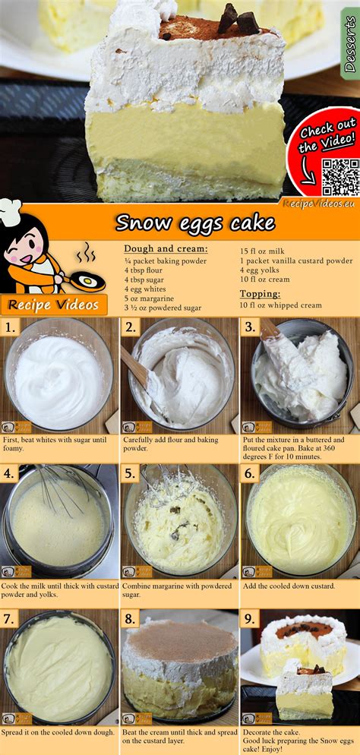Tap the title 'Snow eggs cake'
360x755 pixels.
[195, 223]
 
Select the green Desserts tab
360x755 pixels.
[350, 43]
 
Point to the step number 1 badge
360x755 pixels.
[10, 328]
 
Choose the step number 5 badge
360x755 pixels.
[130, 473]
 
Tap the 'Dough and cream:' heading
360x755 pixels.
[166, 249]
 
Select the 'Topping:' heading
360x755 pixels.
[261, 294]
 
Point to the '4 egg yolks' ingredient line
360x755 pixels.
[260, 270]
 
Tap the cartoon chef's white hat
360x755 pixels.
[11, 211]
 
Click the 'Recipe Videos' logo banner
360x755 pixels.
[54, 305]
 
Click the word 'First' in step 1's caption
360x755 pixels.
[11, 440]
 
